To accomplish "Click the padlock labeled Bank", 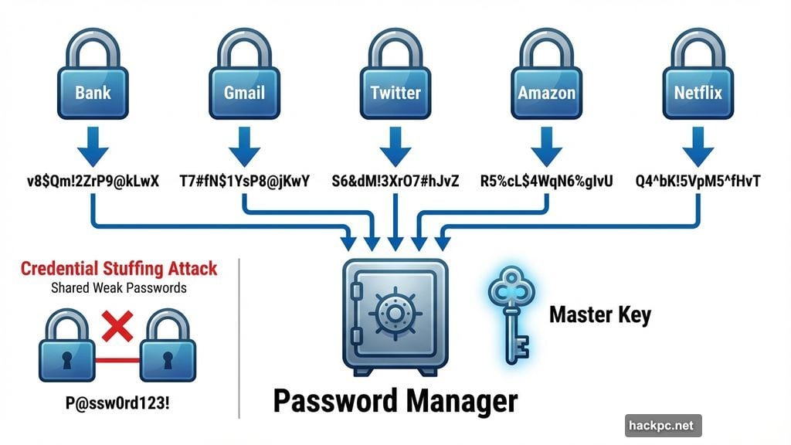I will point(93,85).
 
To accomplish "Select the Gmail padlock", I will point(244,85).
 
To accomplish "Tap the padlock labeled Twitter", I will point(395,85).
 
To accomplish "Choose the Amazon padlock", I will point(547,85).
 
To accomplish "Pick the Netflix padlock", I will point(698,85).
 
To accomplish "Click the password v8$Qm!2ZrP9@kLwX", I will point(93,182).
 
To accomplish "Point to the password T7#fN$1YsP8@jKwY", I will point(244,182).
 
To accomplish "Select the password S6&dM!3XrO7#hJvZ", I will point(395,182).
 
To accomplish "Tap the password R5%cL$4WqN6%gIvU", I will point(547,182).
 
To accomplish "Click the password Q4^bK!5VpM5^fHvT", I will point(698,182).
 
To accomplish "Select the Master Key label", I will point(600,314).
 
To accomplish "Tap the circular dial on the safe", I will point(395,313).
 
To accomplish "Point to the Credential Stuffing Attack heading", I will point(118,269).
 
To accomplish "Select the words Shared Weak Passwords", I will point(118,288).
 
